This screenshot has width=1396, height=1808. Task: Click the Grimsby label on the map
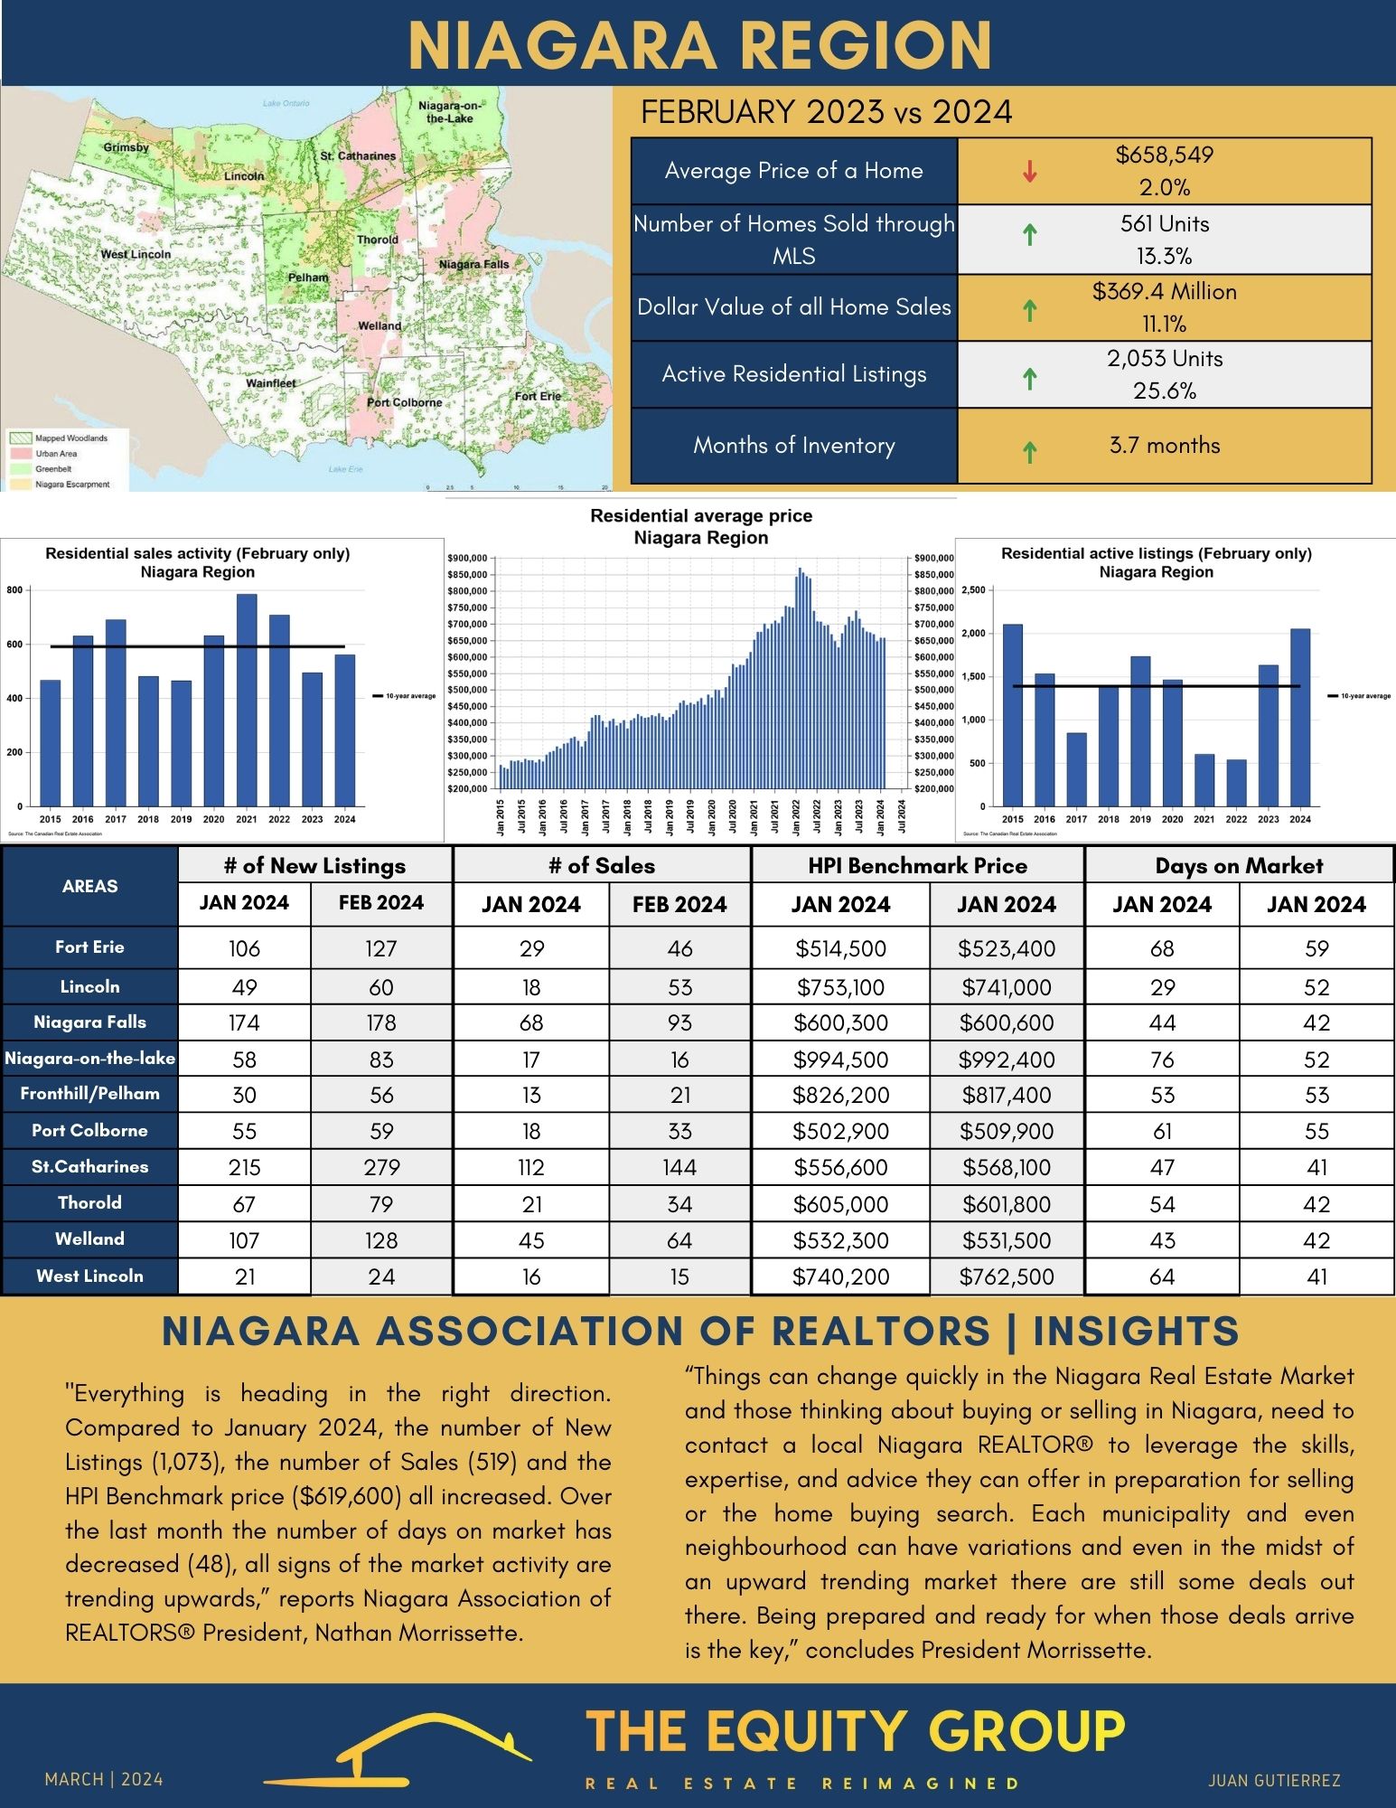point(126,146)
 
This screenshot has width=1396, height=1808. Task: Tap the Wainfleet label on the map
point(271,383)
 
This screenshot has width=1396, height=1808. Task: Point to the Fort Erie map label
point(538,396)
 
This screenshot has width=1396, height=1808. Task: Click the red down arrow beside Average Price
point(1029,172)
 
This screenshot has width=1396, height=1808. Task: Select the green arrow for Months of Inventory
point(1029,450)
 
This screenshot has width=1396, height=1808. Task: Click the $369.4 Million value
point(1164,292)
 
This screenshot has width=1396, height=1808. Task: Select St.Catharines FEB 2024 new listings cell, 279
point(381,1167)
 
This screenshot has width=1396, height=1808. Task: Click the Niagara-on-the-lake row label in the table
point(89,1058)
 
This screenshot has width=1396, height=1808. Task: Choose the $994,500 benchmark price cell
point(840,1059)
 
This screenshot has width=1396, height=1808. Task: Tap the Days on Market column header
point(1238,866)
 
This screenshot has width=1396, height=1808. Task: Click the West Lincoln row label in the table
point(89,1276)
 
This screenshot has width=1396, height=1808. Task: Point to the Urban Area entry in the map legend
point(56,454)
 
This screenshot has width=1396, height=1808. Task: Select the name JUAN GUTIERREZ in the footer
point(1274,1780)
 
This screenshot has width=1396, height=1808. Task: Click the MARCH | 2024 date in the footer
point(104,1779)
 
